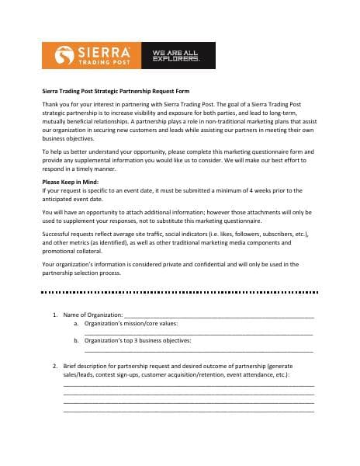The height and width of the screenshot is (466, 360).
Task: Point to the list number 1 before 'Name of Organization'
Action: pyautogui.click(x=54, y=315)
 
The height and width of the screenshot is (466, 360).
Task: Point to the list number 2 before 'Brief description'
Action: pyautogui.click(x=54, y=365)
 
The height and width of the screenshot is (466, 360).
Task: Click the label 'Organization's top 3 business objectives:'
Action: pyautogui.click(x=138, y=340)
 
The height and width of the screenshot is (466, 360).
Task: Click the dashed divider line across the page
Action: pyautogui.click(x=180, y=293)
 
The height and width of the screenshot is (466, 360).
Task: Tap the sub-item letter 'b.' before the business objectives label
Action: pyautogui.click(x=77, y=340)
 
